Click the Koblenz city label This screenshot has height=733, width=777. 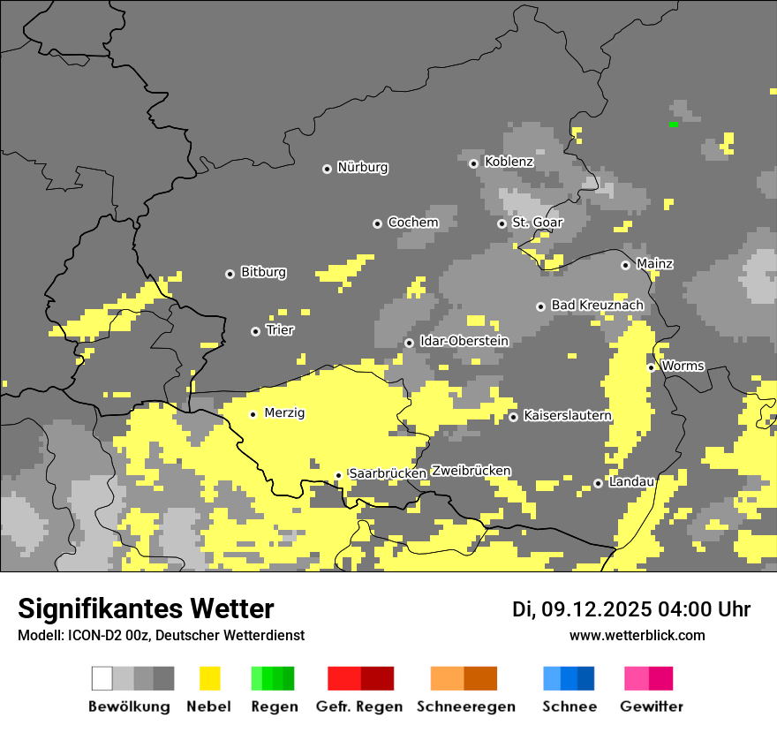click(509, 162)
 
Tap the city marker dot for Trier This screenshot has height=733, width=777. click(256, 331)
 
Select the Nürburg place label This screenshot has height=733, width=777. click(362, 168)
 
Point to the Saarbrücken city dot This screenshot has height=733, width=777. click(338, 475)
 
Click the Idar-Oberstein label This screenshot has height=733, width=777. click(464, 341)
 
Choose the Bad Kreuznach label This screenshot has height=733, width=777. click(597, 306)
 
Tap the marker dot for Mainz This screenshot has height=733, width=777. click(625, 265)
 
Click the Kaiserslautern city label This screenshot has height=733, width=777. click(567, 416)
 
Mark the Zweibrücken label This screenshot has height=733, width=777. click(471, 471)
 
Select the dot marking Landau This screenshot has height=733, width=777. click(598, 483)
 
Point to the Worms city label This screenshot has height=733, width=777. click(682, 366)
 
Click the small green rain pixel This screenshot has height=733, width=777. click(674, 125)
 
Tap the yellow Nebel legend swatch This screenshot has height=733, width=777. click(209, 678)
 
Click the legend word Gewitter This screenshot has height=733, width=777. click(651, 707)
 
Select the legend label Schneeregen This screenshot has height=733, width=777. click(466, 707)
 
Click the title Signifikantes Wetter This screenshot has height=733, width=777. click(146, 609)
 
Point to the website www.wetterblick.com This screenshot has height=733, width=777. click(637, 636)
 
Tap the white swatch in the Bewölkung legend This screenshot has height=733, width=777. click(102, 678)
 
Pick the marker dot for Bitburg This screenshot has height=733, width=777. click(230, 274)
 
